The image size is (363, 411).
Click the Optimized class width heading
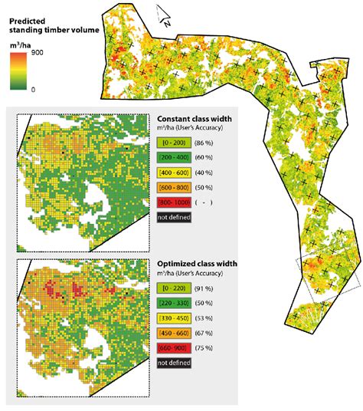coord(197,263)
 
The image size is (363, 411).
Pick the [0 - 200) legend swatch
coord(172,143)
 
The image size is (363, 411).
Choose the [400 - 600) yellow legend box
coord(172,173)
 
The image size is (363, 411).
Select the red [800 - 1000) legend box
coord(172,202)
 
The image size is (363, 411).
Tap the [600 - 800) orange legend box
coord(172,188)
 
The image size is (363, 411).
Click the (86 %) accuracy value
coord(204,143)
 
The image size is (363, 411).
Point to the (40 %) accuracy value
coord(204,173)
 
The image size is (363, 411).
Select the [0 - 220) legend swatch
coord(172,288)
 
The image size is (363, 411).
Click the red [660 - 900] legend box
coord(172,347)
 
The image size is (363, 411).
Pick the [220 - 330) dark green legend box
coord(172,303)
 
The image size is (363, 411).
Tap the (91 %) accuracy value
coord(204,288)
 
